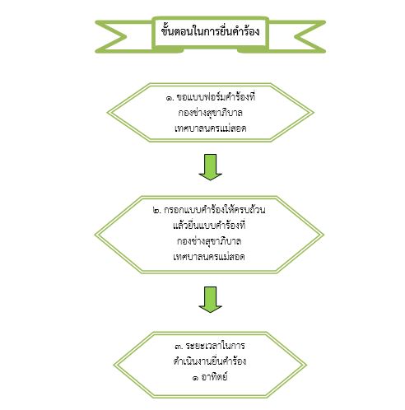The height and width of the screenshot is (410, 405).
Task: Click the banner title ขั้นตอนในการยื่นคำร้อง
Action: click(210, 31)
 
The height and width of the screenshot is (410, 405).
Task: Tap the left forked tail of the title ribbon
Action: click(115, 36)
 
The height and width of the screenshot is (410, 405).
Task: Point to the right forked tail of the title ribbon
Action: click(305, 36)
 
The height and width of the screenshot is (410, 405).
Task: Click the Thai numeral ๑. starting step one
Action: click(170, 98)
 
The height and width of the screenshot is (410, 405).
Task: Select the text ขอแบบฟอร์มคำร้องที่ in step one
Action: click(216, 96)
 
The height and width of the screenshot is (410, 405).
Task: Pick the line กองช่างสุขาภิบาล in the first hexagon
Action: click(210, 113)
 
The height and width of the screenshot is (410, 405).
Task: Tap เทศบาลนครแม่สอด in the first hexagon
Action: click(210, 128)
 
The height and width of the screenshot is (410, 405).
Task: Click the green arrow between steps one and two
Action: click(211, 167)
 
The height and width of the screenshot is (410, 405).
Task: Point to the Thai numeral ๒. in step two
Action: click(156, 211)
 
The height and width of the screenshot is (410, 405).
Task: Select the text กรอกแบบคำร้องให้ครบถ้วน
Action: click(215, 209)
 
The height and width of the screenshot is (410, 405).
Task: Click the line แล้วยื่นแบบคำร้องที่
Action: click(209, 226)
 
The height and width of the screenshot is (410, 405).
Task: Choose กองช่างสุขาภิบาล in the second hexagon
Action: click(209, 241)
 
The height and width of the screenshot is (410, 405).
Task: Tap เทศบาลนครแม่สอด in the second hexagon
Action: click(209, 257)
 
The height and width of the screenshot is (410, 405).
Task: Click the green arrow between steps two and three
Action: click(211, 300)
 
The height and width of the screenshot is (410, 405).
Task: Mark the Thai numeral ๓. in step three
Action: click(179, 347)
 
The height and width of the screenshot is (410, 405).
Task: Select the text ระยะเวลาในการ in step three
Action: click(216, 346)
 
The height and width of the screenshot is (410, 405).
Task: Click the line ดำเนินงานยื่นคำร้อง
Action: click(210, 361)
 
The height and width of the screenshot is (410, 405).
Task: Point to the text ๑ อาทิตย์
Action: click(210, 377)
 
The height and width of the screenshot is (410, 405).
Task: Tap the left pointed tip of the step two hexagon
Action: click(95, 235)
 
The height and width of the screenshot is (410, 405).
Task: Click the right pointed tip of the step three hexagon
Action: click(306, 365)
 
